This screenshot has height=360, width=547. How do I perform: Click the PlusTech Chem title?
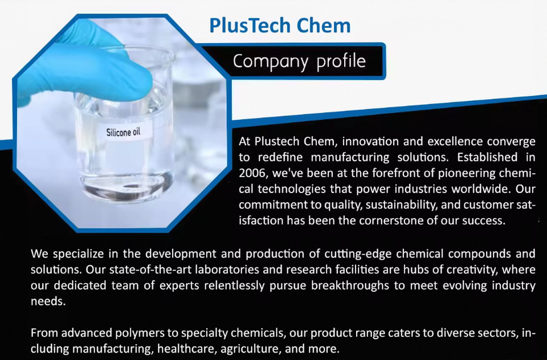pos(280,26)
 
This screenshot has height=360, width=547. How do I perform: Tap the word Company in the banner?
pos(271,62)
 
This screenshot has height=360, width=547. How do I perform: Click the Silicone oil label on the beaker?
pos(123,132)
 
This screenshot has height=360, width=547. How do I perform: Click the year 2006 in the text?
pos(252,173)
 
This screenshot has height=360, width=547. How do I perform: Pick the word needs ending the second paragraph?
pos(48,301)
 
